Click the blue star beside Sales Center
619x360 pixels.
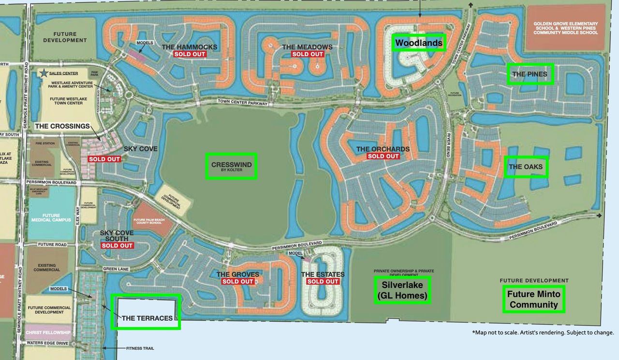(44, 73)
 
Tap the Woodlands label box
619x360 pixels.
(418, 43)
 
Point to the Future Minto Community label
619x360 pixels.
(534, 299)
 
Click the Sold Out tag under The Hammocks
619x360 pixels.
(190, 54)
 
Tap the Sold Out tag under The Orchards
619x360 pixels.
(383, 156)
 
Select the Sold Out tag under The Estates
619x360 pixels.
(323, 282)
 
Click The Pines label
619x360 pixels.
(530, 74)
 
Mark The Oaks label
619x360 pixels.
(526, 167)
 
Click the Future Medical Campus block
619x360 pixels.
(51, 218)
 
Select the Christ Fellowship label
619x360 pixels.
(48, 332)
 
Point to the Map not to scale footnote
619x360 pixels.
(543, 332)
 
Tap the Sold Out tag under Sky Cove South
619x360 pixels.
(117, 246)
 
